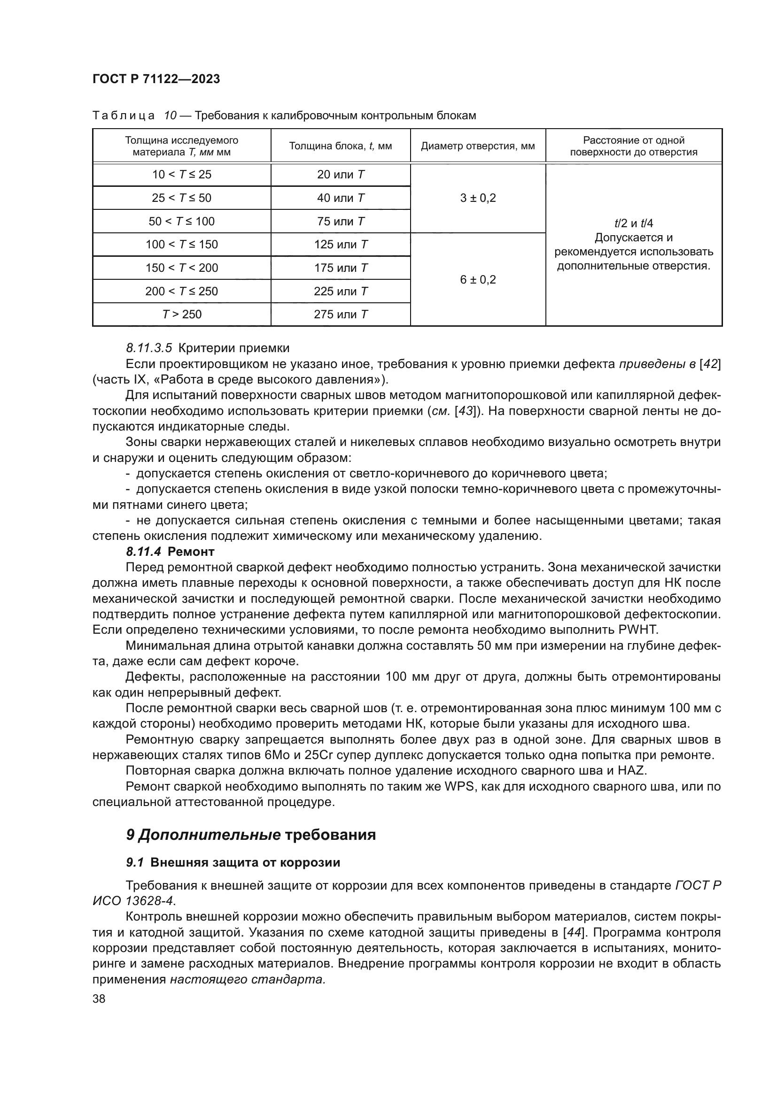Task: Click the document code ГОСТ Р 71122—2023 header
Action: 156,79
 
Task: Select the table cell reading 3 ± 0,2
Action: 477,198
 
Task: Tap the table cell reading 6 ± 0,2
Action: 477,280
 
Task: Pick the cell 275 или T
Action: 340,315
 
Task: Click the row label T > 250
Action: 181,315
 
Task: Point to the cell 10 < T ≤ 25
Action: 181,175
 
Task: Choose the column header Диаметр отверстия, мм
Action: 477,146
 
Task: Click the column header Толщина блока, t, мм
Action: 340,146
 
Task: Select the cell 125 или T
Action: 340,245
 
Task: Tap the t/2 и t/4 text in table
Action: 633,223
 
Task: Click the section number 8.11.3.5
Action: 149,348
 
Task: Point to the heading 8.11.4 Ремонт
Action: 170,552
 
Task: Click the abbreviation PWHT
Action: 638,630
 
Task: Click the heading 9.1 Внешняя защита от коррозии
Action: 233,862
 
